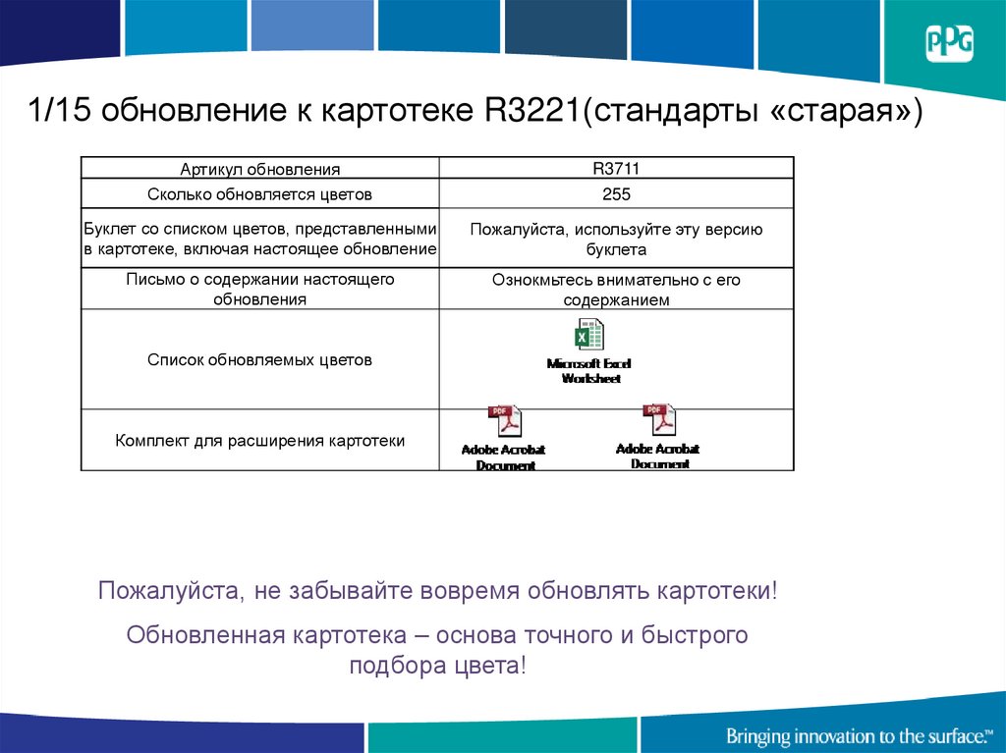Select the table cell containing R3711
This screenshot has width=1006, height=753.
[616, 168]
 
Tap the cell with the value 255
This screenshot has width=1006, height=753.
[616, 193]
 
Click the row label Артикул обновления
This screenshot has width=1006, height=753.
[259, 169]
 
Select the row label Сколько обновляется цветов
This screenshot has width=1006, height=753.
[259, 194]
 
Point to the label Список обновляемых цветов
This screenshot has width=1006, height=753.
[259, 360]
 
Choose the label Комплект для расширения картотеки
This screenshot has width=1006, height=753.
[259, 441]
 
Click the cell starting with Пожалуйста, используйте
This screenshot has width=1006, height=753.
[616, 240]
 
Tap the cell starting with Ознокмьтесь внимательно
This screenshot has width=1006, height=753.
[616, 290]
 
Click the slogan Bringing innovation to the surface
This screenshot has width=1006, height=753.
[857, 735]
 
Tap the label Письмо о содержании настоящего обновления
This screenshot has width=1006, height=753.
[259, 290]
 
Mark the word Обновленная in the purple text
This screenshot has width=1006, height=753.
[203, 635]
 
